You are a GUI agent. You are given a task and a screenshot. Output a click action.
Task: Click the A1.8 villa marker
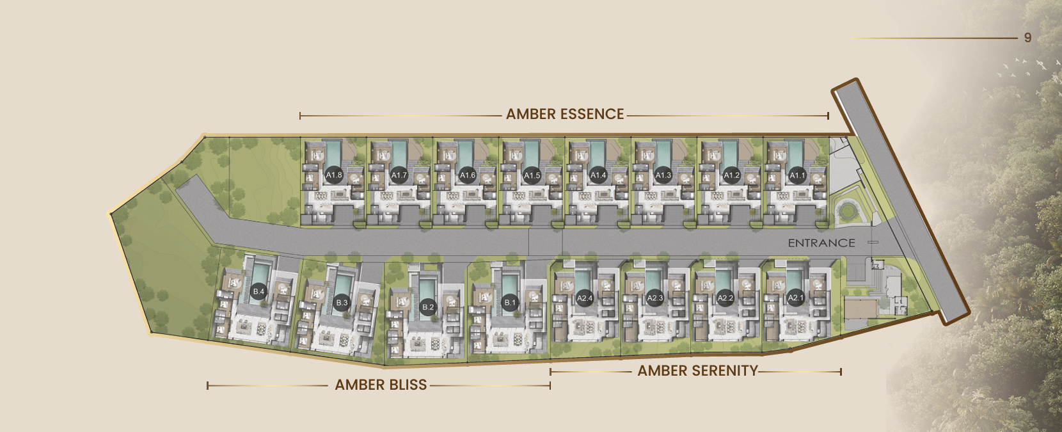tap(334, 175)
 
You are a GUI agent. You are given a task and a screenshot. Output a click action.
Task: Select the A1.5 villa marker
tap(532, 175)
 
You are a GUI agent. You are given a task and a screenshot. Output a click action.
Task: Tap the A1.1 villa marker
tap(797, 175)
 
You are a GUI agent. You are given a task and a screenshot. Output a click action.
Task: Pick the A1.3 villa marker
tap(663, 175)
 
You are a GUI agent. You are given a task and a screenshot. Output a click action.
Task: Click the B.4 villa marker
tap(258, 291)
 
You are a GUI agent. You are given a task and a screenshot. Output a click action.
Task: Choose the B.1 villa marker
tap(510, 302)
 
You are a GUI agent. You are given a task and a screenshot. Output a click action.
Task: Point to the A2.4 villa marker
tap(585, 298)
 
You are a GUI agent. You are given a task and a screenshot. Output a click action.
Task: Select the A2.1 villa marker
tap(795, 298)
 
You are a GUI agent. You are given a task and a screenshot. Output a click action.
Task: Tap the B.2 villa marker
tap(427, 307)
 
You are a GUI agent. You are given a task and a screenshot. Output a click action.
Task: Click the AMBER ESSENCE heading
tap(565, 115)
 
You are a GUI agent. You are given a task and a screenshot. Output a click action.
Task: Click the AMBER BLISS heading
tap(381, 385)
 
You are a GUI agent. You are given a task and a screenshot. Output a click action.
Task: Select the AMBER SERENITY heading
tap(697, 371)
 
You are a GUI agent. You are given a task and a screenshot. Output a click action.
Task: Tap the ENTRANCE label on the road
tap(821, 243)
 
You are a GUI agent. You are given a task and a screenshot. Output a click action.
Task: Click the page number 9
tap(1027, 38)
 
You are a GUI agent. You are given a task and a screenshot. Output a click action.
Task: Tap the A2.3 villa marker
tap(654, 298)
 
